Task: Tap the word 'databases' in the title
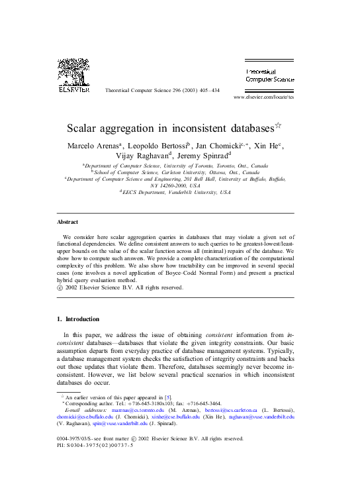228,126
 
